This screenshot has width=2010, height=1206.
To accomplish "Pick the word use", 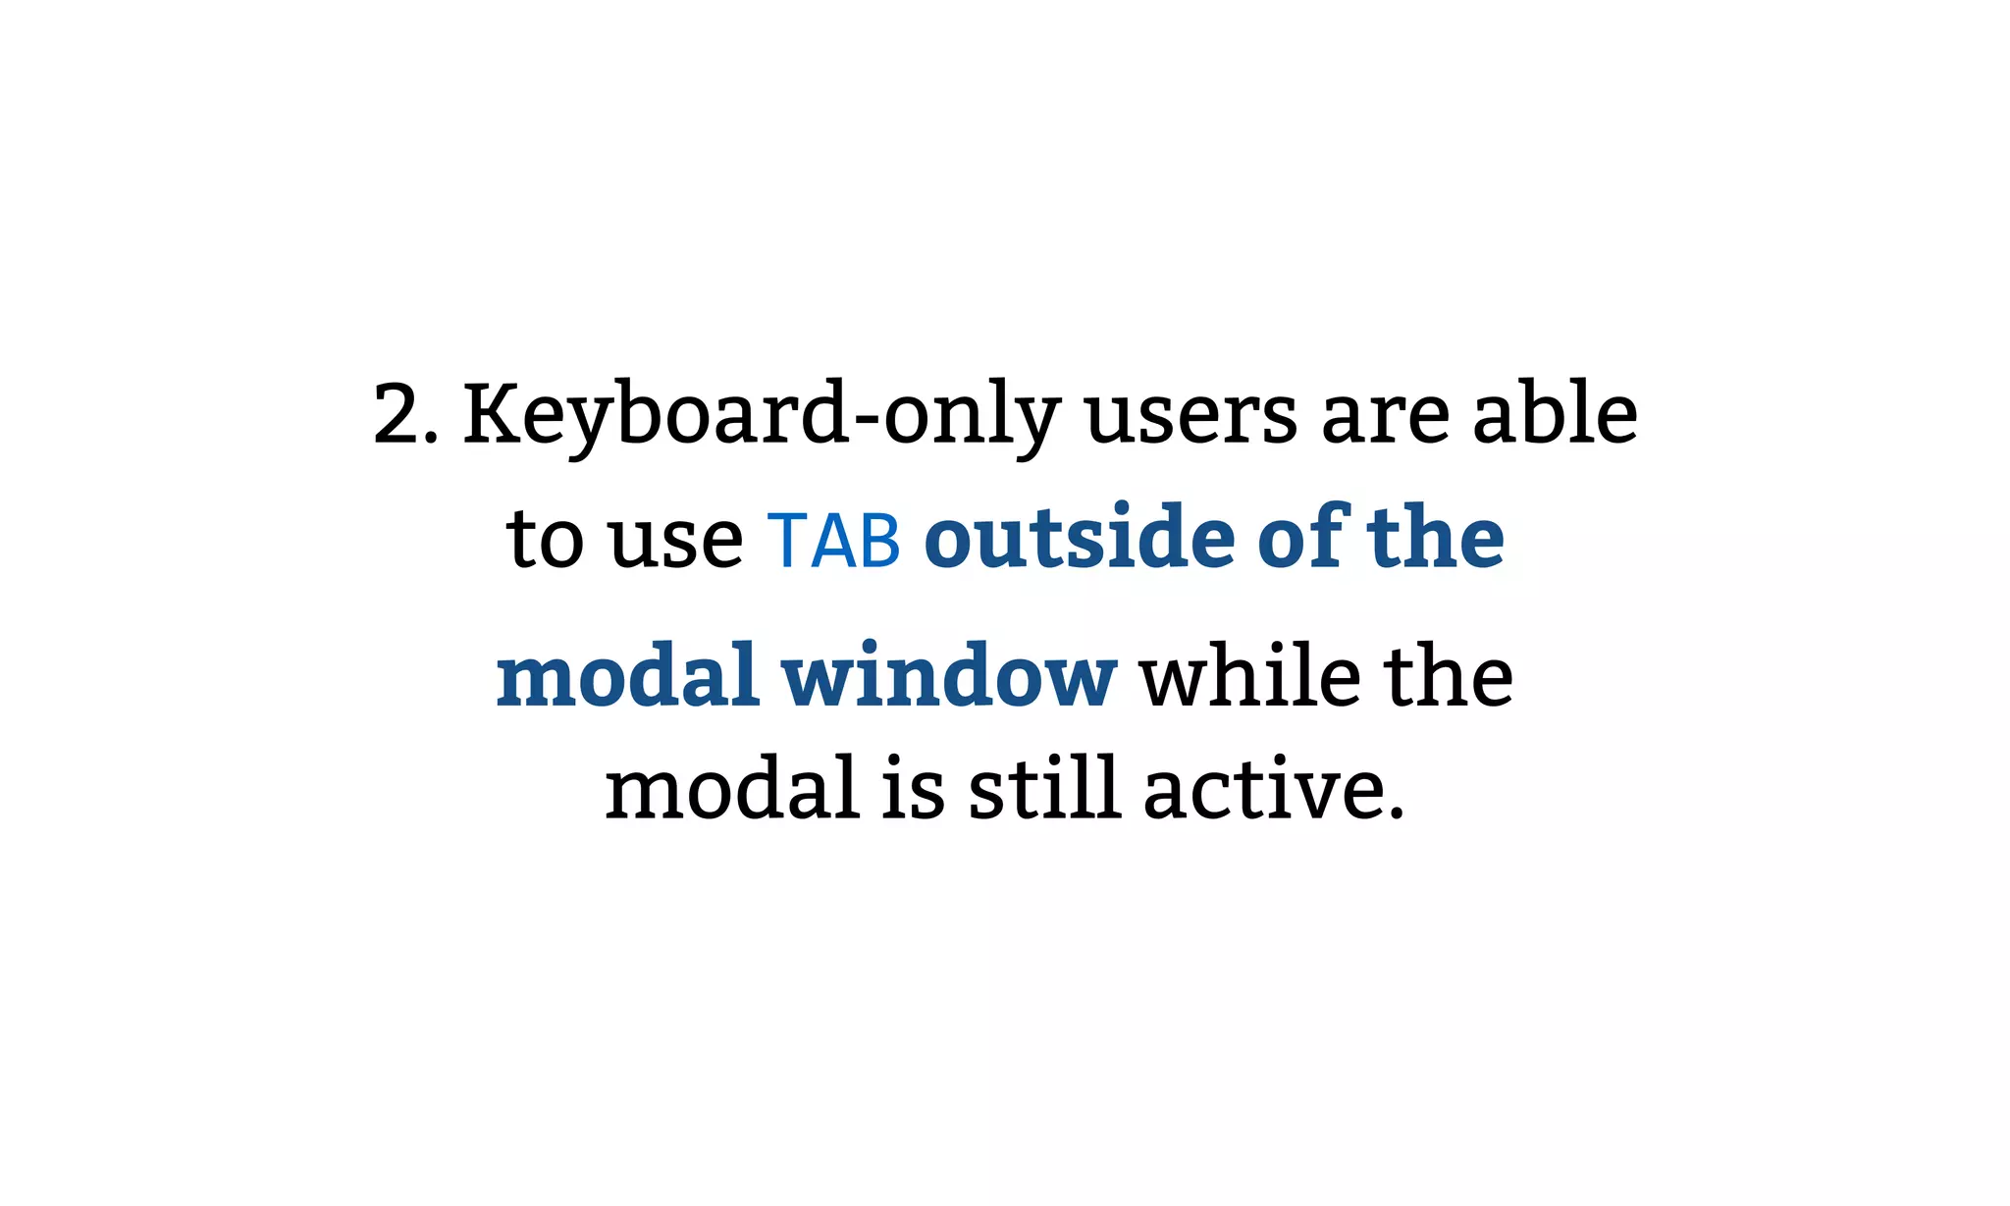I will (x=676, y=542).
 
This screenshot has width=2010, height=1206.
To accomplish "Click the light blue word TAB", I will (x=833, y=541).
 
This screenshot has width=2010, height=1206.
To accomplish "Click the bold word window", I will (x=949, y=676).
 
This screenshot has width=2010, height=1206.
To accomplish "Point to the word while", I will (x=1249, y=676).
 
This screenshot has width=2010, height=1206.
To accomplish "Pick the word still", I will (x=1044, y=790).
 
